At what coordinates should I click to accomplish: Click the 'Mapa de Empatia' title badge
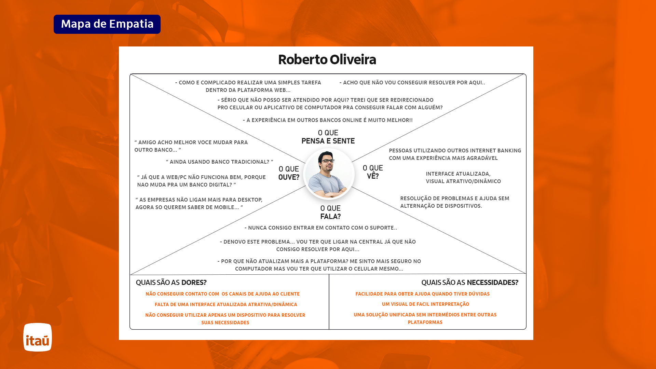107,24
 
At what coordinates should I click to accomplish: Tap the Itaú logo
38,337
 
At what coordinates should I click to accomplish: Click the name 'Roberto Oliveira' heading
327,60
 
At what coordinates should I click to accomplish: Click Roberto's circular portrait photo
329,174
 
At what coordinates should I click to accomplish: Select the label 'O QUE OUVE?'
289,173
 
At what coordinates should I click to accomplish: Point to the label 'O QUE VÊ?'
373,172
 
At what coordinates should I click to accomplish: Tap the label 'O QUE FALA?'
330,212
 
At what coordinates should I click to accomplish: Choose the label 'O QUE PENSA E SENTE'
328,137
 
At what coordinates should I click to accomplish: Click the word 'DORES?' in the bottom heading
194,283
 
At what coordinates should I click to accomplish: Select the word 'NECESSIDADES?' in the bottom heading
492,283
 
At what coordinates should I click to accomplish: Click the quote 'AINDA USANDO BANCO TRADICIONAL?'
219,162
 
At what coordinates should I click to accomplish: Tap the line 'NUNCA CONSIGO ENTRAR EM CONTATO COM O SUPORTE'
321,228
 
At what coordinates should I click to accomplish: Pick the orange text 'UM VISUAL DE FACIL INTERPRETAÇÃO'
425,304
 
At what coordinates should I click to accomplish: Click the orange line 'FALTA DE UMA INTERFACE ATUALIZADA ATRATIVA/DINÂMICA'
226,304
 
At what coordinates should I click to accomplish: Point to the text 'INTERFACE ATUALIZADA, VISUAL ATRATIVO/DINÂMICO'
463,178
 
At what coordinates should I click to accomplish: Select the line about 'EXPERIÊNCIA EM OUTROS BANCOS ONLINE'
328,120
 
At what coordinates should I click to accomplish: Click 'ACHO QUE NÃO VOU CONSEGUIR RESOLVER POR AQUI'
412,83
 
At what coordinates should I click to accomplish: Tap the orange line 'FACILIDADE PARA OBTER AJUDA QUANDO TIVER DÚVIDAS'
422,294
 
